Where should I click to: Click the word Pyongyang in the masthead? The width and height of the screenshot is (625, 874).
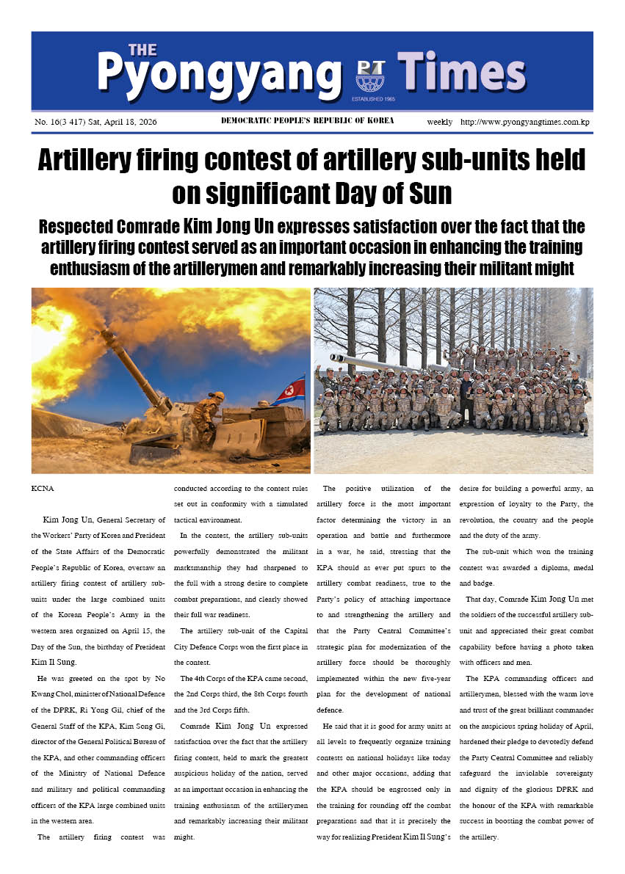[x=219, y=74]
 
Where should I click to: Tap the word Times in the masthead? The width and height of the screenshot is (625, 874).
[x=462, y=74]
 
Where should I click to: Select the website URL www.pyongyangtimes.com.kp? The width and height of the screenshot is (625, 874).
[x=525, y=122]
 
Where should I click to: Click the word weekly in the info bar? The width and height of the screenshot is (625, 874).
[x=440, y=122]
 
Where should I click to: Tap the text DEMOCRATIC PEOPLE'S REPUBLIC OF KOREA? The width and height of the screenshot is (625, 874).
[x=307, y=121]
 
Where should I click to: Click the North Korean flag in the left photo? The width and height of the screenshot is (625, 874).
[x=291, y=390]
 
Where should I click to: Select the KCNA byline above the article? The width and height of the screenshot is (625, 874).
[x=43, y=488]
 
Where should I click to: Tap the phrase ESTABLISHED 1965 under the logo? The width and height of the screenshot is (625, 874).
[x=374, y=98]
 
